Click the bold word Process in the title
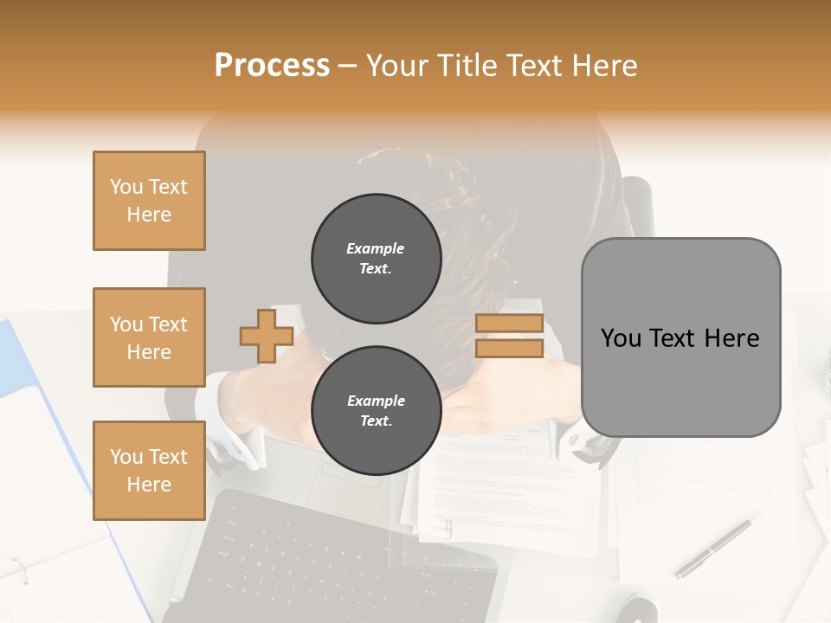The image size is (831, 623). (272, 66)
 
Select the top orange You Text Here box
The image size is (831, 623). (149, 201)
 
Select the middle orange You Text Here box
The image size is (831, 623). (149, 337)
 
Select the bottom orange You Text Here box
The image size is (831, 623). (149, 470)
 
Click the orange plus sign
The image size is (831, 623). (266, 336)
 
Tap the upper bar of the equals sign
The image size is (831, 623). (509, 324)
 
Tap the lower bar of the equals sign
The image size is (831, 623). (509, 348)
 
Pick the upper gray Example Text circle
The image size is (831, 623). (376, 259)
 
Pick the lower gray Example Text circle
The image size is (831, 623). (376, 411)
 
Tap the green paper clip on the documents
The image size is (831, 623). (448, 529)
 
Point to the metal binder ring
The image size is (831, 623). (19, 568)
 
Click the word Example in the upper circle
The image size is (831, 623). (376, 249)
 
